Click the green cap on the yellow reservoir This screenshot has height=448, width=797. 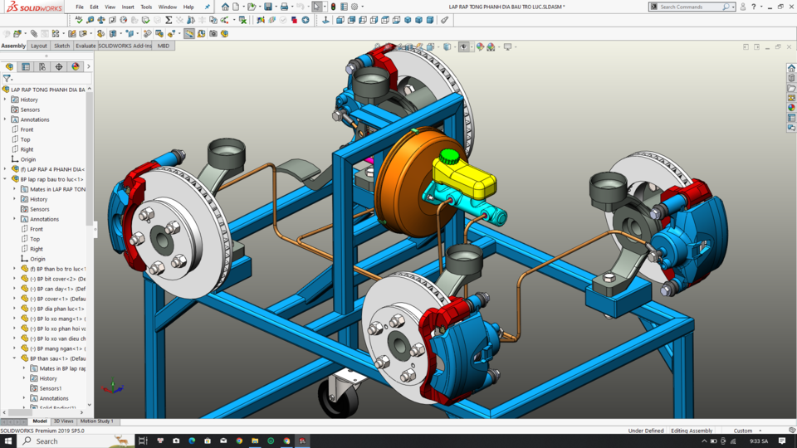(x=448, y=155)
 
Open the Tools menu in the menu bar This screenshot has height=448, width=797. (x=146, y=7)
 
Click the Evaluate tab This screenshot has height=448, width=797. (x=86, y=46)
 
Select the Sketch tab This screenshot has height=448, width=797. (x=62, y=46)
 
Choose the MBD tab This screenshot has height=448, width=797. (x=164, y=46)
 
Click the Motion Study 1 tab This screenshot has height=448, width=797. (x=97, y=421)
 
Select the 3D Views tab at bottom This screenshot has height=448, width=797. (x=63, y=421)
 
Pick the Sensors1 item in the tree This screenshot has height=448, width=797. (x=51, y=388)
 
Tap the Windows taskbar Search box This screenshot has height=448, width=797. (x=71, y=441)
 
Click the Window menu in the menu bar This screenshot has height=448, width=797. (x=167, y=7)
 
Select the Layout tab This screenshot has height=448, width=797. (x=39, y=46)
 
